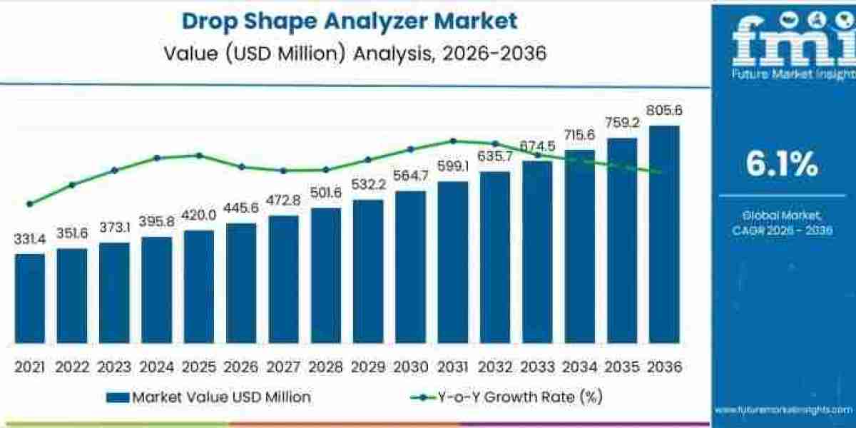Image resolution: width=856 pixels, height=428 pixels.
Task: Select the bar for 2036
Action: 663,235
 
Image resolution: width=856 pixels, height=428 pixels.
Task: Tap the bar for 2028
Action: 325,277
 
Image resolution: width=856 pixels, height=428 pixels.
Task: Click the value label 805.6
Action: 663,111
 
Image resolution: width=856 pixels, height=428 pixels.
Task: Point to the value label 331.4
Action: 29,240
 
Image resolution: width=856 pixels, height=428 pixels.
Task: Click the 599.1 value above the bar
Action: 452,167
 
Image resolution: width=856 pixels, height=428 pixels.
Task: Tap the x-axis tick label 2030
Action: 410,367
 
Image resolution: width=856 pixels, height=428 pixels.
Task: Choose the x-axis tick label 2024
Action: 156,367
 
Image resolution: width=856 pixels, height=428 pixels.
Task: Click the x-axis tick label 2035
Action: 621,367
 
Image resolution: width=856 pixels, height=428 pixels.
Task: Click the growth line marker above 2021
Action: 29,204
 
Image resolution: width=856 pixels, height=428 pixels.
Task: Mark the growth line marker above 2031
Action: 452,141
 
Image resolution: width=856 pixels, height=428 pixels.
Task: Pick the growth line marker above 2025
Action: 199,155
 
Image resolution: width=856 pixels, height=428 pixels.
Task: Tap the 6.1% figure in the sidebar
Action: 782,165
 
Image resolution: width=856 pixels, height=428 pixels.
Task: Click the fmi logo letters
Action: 783,44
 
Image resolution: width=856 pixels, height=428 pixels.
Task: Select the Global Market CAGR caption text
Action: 782,222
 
